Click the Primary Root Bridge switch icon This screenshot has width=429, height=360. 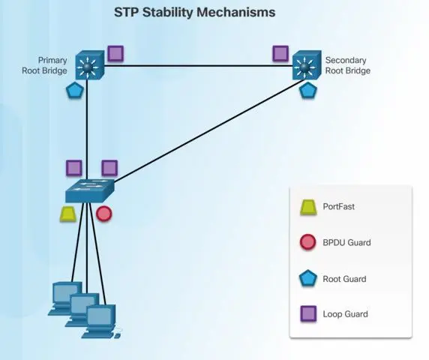pos(90,66)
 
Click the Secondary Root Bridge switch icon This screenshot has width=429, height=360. pos(307,65)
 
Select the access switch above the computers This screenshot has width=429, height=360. pos(90,190)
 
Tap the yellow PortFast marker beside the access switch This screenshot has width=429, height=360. pos(67,214)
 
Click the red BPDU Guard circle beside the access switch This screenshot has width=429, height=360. pos(104,214)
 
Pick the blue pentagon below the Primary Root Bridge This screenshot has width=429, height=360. pos(75,91)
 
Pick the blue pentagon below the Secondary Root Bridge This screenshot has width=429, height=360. pos(308,90)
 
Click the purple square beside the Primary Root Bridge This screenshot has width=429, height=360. pos(115,53)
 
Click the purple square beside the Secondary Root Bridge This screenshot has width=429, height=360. pos(280,53)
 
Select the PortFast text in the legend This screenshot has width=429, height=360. pos(339,206)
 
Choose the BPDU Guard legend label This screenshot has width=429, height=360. pos(346,243)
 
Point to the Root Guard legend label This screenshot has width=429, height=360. pos(344,279)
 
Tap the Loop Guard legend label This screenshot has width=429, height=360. pos(345,314)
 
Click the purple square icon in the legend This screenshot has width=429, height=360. pos(308,313)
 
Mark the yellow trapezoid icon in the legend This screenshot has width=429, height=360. pos(308,207)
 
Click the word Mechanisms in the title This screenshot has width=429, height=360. pos(236,12)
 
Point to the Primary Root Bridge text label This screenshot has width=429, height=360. pos(44,65)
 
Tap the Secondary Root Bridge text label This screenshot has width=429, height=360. pos(348,65)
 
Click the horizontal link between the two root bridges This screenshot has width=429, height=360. pos(198,66)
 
